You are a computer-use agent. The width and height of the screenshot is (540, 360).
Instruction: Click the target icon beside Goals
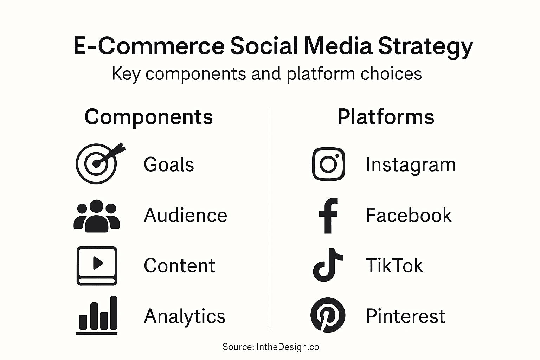pyautogui.click(x=97, y=164)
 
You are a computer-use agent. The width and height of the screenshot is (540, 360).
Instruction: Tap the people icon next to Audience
pyautogui.click(x=97, y=216)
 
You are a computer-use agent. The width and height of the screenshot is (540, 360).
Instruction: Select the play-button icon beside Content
pyautogui.click(x=97, y=266)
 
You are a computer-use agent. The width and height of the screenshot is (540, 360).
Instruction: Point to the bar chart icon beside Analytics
pyautogui.click(x=97, y=315)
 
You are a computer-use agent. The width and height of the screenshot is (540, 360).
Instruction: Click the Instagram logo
pyautogui.click(x=329, y=164)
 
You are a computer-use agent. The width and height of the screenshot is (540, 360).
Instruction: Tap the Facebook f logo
pyautogui.click(x=328, y=216)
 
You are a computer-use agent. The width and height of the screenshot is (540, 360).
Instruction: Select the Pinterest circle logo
pyautogui.click(x=328, y=315)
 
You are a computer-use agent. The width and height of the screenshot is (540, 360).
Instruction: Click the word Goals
pyautogui.click(x=169, y=165)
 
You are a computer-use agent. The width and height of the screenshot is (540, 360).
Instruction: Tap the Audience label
pyautogui.click(x=185, y=215)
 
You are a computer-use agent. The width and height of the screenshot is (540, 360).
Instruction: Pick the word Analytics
pyautogui.click(x=185, y=316)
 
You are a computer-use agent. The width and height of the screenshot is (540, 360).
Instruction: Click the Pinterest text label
pyautogui.click(x=405, y=316)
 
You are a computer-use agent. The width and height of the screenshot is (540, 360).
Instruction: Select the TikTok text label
pyautogui.click(x=394, y=265)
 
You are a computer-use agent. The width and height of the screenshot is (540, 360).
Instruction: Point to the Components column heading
pyautogui.click(x=149, y=117)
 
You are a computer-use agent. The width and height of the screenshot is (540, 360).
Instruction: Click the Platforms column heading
pyautogui.click(x=386, y=117)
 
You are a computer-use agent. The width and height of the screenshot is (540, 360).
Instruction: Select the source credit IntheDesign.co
pyautogui.click(x=288, y=347)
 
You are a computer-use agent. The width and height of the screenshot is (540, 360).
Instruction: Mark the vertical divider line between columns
pyautogui.click(x=270, y=218)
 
